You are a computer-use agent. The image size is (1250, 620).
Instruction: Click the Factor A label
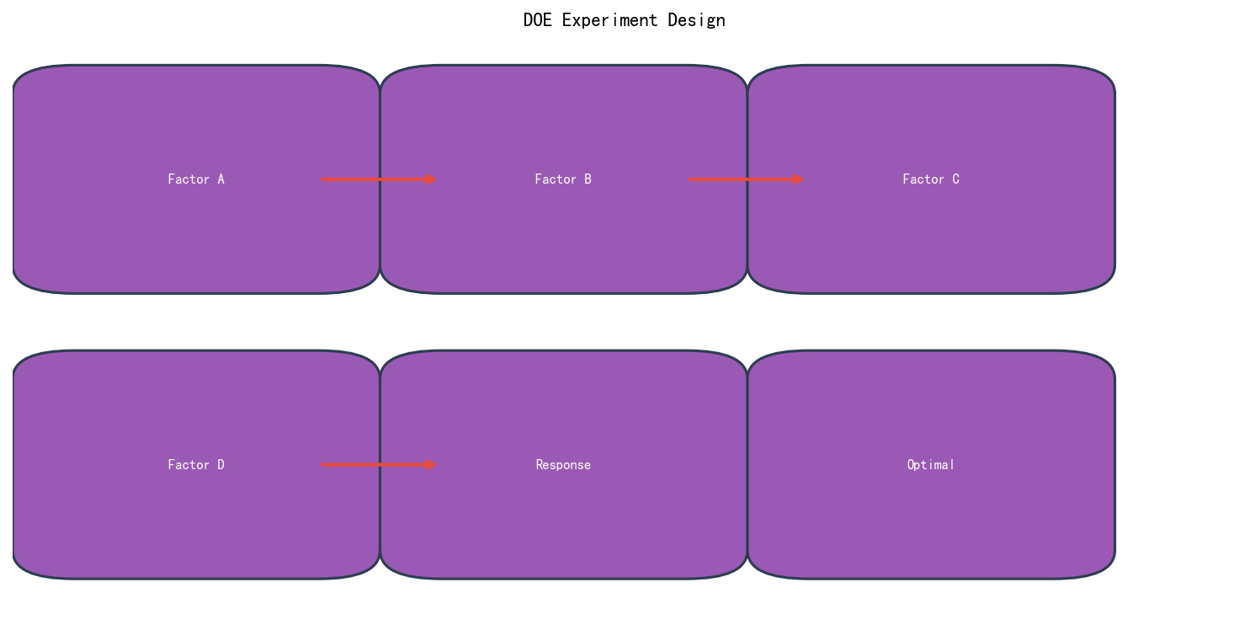pyautogui.click(x=196, y=179)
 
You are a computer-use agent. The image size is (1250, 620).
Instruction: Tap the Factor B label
pyautogui.click(x=563, y=179)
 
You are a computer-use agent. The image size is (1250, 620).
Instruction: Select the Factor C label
pyautogui.click(x=931, y=179)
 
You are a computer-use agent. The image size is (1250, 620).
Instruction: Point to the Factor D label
pyautogui.click(x=196, y=465)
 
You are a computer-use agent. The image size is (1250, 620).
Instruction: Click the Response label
pyautogui.click(x=563, y=465)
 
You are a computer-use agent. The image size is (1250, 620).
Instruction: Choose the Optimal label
pyautogui.click(x=931, y=465)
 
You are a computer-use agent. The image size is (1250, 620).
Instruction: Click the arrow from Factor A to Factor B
pyautogui.click(x=378, y=179)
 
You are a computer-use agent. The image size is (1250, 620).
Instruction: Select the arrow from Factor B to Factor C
pyautogui.click(x=746, y=179)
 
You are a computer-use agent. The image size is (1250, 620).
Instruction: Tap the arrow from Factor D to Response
pyautogui.click(x=378, y=465)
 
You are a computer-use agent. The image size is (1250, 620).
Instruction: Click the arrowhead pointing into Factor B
pyautogui.click(x=430, y=179)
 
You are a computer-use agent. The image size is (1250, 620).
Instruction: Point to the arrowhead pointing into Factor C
pyautogui.click(x=798, y=179)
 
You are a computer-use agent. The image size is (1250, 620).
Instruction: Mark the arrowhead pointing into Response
pyautogui.click(x=430, y=465)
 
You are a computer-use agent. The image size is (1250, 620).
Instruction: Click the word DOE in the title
pyautogui.click(x=537, y=20)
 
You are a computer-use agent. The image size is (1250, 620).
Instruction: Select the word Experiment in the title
pyautogui.click(x=610, y=21)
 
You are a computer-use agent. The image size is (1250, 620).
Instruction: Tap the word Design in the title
pyautogui.click(x=696, y=21)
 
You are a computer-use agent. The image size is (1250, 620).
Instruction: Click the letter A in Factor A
pyautogui.click(x=221, y=179)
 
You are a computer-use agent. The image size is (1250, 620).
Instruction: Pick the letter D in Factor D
pyautogui.click(x=221, y=465)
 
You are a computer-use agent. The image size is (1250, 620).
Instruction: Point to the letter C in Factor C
pyautogui.click(x=956, y=179)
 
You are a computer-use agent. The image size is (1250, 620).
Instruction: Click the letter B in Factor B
pyautogui.click(x=588, y=179)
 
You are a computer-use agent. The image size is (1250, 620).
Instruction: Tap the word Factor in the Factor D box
pyautogui.click(x=189, y=465)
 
